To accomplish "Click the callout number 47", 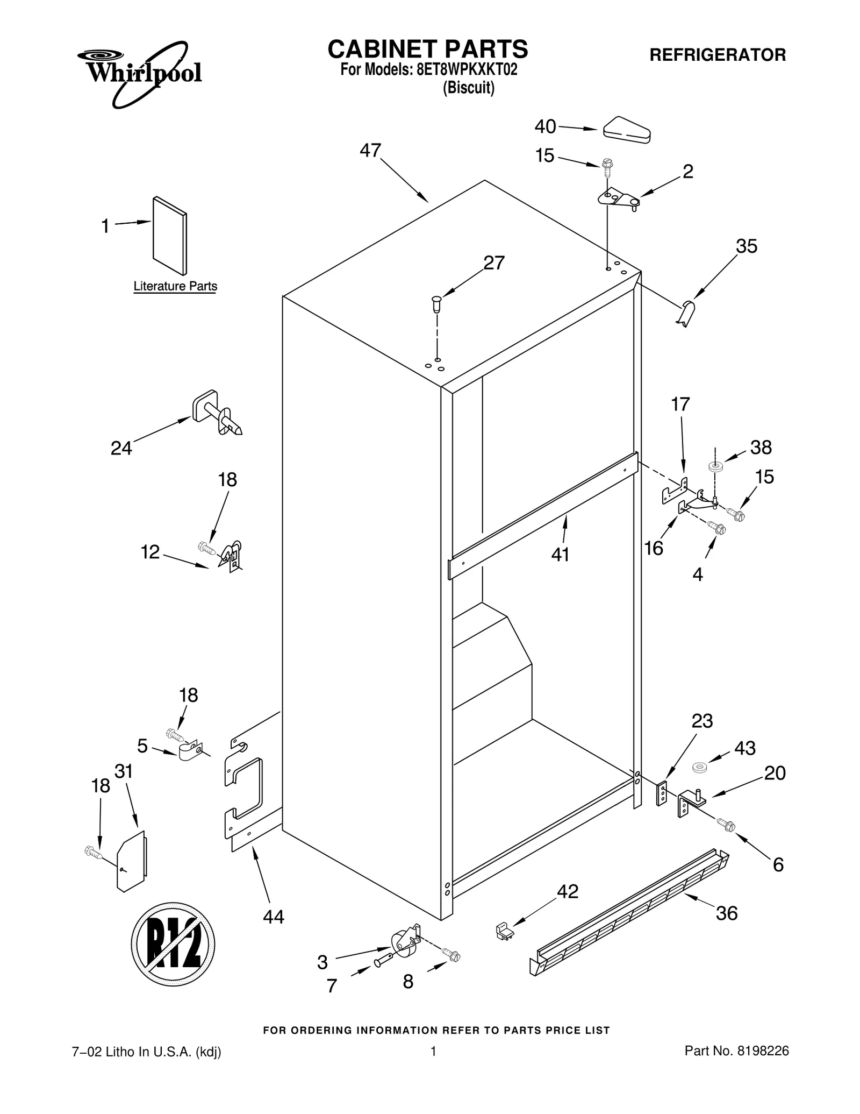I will click(370, 151).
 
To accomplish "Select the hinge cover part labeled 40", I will click(627, 130).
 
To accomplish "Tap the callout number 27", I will click(494, 263).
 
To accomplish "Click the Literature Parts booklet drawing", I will click(170, 236).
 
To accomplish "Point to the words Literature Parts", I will click(175, 286).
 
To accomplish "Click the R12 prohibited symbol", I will click(173, 944).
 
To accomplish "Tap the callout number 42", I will click(568, 891).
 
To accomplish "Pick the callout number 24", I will click(121, 448).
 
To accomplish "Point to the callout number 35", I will click(747, 246).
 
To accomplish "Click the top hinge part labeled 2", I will click(618, 198).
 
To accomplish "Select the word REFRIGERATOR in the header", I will click(718, 55).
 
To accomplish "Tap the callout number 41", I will click(560, 554).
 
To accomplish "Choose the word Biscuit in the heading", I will click(468, 88).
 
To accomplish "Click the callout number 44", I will click(274, 917).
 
